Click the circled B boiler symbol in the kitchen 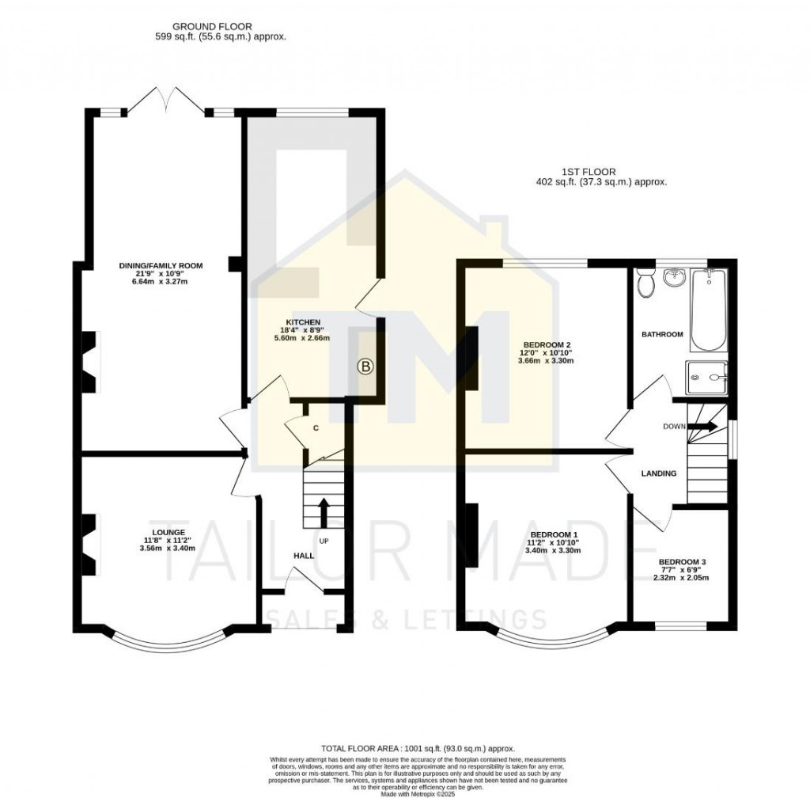[365, 366]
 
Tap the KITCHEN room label [303, 321]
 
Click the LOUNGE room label [169, 532]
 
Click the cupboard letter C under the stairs [316, 428]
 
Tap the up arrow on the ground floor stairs [323, 511]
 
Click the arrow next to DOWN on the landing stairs [703, 427]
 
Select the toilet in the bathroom [645, 282]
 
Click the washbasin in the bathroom [675, 278]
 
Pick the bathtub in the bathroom [708, 310]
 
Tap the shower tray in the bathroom [706, 377]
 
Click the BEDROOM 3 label [682, 562]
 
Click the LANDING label [658, 473]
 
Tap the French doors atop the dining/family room [166, 101]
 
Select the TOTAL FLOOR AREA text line [418, 748]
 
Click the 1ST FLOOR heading [588, 171]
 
